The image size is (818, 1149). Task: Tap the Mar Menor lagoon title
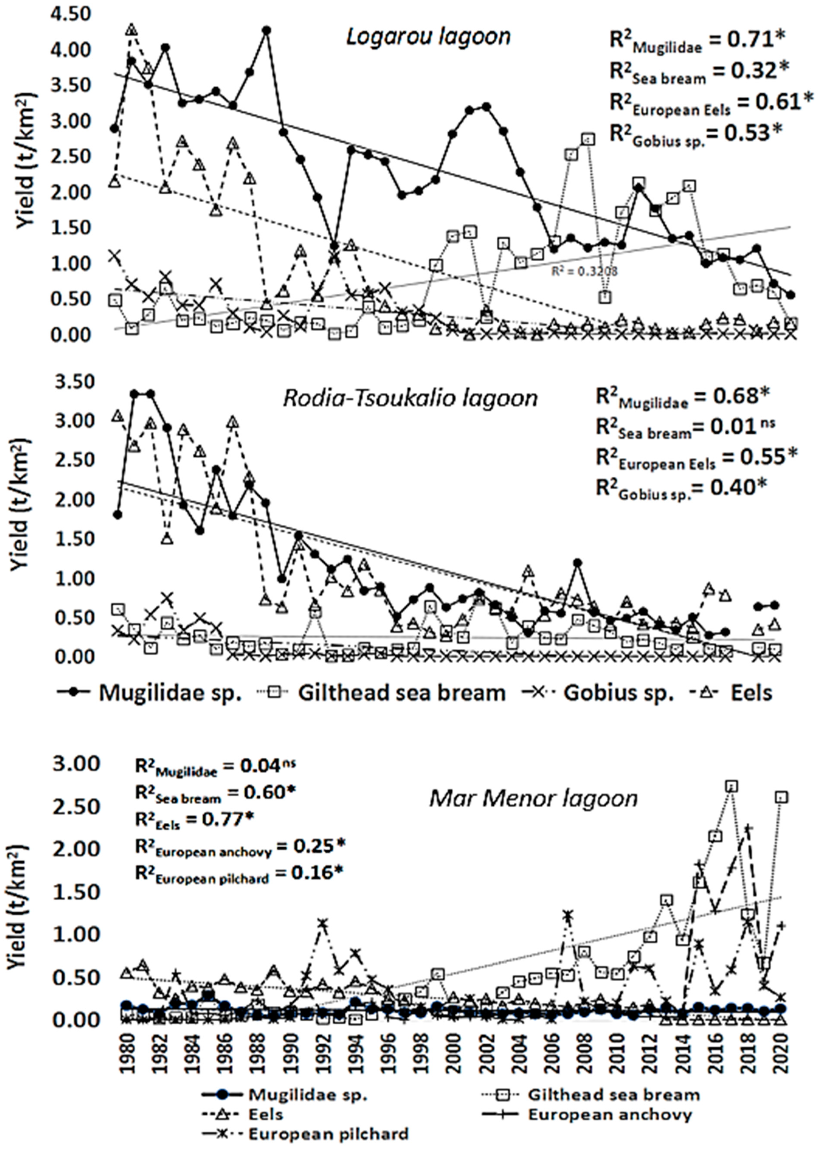pyautogui.click(x=533, y=798)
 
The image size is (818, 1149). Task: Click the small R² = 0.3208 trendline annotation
pyautogui.click(x=584, y=271)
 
